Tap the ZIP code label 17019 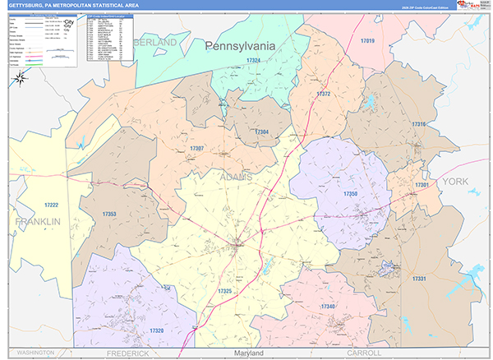coord(366,41)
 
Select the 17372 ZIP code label coord(323,95)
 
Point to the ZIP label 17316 coord(418,124)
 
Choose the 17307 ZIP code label coord(196,148)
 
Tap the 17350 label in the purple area coord(349,192)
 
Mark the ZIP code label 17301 coord(422,185)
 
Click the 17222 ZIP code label coord(51,205)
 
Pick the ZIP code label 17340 coord(328,307)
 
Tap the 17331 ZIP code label coord(418,279)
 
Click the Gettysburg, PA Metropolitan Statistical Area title coord(73,5)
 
